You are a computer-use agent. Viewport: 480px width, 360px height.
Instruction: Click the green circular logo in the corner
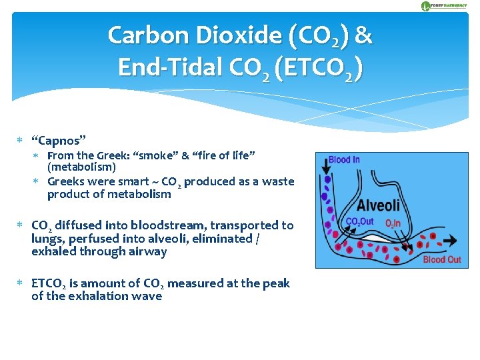coord(426,6)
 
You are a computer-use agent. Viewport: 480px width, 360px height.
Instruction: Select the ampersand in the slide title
coord(363,35)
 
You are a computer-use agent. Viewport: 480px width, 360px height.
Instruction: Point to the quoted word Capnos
coord(59,141)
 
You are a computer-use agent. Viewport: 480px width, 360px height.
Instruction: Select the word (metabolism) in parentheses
coord(81,167)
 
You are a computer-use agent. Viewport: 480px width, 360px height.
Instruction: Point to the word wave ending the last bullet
coord(148,297)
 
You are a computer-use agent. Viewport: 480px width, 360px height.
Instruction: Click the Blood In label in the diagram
coord(344,161)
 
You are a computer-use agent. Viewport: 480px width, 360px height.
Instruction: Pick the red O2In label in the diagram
coord(394,223)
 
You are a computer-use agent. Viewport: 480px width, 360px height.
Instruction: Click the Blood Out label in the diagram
coord(442,259)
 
